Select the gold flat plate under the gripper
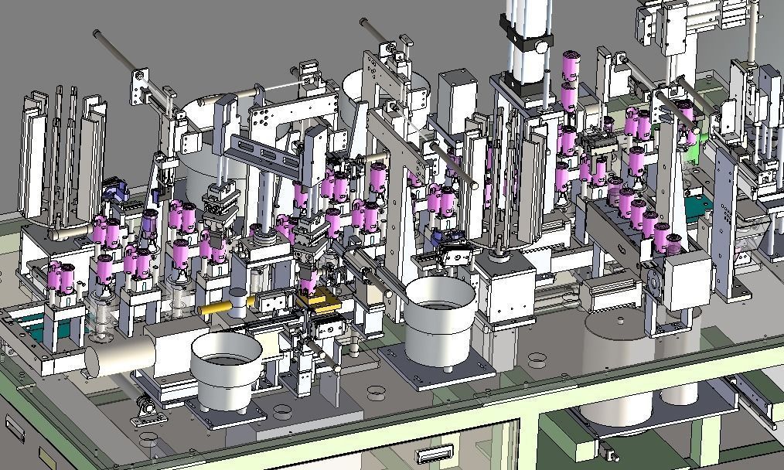[318, 301]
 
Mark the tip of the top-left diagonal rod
[97, 33]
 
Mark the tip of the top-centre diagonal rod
[363, 23]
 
